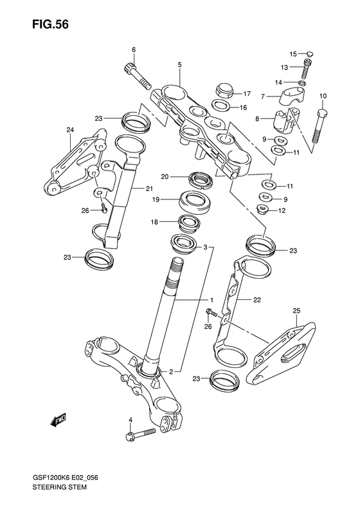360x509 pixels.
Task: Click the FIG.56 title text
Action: tap(50, 24)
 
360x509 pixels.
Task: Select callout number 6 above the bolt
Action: tap(134, 50)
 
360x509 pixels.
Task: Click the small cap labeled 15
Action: tap(310, 53)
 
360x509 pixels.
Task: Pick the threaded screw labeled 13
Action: tap(307, 69)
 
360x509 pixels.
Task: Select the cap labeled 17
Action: tap(224, 89)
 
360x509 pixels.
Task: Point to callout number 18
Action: tap(154, 223)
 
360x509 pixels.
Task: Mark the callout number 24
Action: tap(70, 130)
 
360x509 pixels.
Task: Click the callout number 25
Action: tap(296, 311)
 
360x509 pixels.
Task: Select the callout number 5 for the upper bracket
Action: tap(179, 64)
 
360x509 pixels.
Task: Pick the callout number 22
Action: tap(257, 300)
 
